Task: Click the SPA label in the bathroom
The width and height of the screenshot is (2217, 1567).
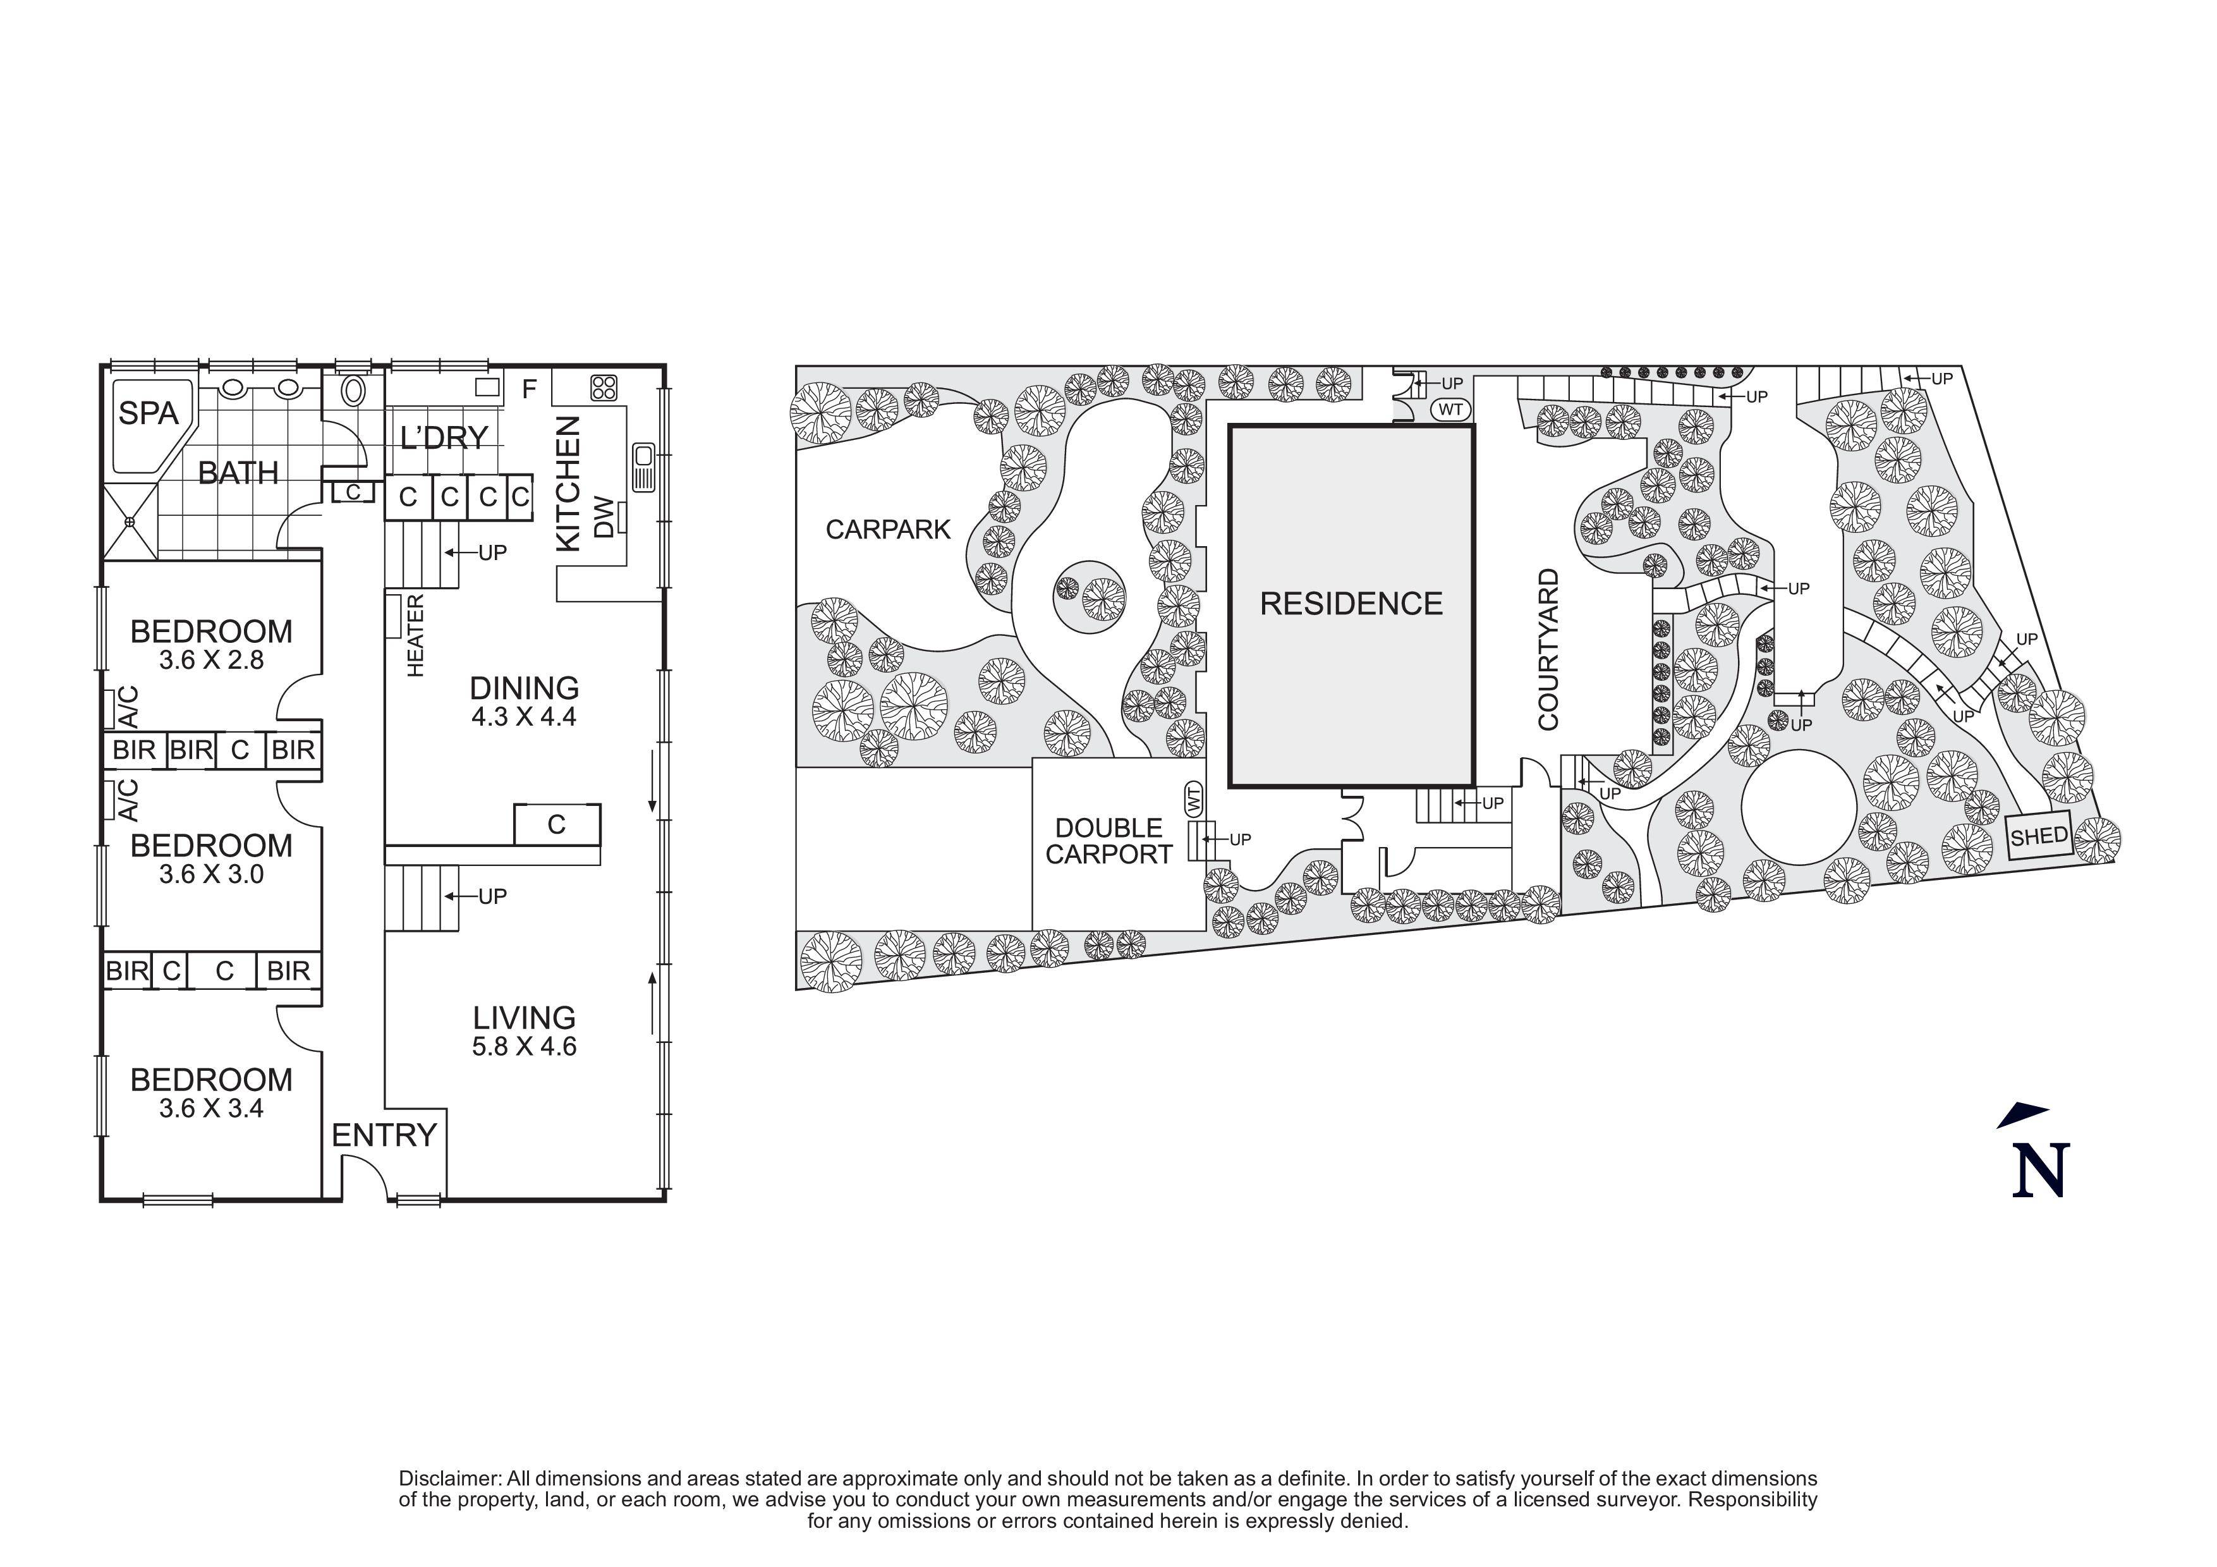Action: pos(148,413)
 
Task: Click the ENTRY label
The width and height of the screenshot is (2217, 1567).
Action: pos(384,1135)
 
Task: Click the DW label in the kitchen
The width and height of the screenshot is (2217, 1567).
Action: pos(602,518)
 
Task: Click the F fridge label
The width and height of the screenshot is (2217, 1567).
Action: pos(529,389)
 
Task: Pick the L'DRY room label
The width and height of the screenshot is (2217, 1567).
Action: pos(444,437)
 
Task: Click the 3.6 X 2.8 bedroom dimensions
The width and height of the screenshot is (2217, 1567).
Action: pos(212,661)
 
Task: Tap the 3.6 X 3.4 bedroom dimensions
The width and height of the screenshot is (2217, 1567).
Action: pos(212,1108)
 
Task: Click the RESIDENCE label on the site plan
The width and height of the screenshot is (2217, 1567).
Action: pos(1351,604)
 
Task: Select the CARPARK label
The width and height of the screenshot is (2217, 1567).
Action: pos(889,529)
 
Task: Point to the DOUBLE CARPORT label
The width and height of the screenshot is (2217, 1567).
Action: pos(1108,841)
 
